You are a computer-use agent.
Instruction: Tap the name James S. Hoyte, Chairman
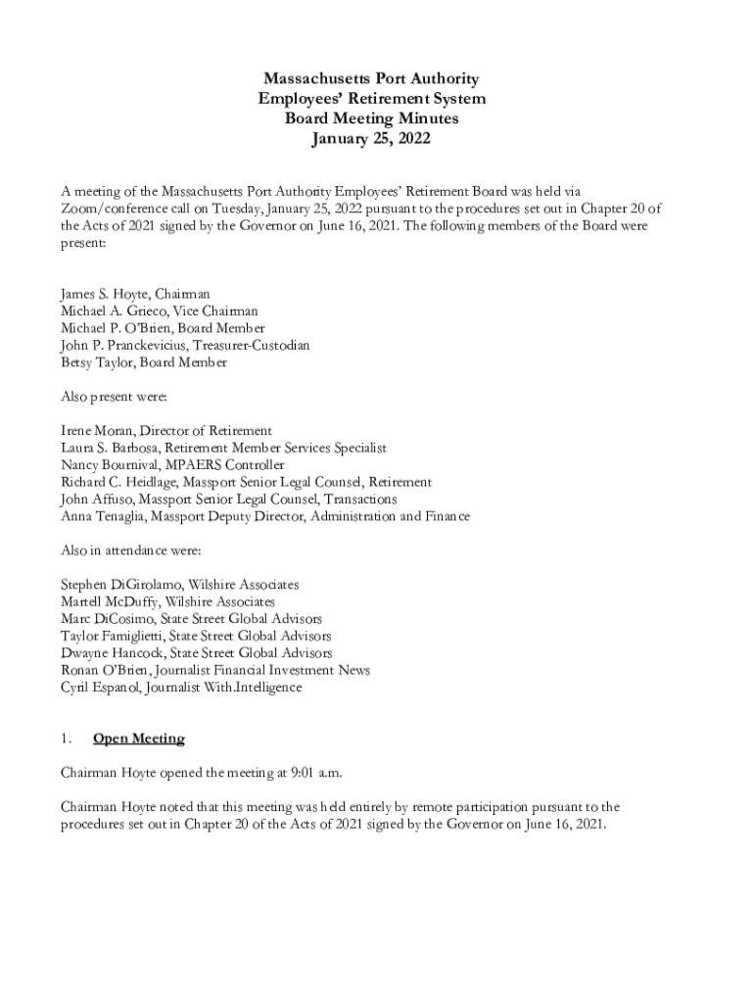pos(135,294)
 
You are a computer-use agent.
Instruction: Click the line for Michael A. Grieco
pos(159,310)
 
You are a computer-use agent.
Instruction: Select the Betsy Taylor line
pos(144,362)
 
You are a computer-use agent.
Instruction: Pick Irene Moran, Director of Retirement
pos(166,431)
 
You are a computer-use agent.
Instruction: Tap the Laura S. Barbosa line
pos(223,448)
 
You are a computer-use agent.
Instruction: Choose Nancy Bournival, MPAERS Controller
pos(172,464)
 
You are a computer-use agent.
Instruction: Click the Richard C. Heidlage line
pos(246,482)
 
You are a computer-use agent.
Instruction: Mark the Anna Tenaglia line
pos(264,516)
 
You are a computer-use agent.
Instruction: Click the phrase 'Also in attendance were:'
pos(131,550)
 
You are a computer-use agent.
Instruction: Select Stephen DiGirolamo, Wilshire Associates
pos(180,585)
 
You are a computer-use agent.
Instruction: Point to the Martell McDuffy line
pos(167,601)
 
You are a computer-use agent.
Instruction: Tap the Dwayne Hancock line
pos(196,652)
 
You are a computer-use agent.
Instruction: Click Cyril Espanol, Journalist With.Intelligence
pos(181,687)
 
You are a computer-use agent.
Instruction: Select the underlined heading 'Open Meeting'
pos(138,739)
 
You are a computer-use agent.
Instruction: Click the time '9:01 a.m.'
pos(313,773)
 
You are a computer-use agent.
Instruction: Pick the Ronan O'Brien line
pos(215,670)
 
